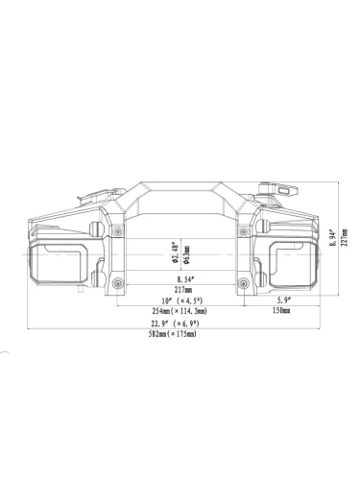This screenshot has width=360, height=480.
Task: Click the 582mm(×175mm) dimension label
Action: click(x=173, y=334)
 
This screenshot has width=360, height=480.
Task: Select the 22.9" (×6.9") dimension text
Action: click(x=175, y=324)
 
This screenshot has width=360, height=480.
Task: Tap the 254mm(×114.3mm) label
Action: click(x=180, y=311)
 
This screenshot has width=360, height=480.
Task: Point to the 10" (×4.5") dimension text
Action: click(x=182, y=300)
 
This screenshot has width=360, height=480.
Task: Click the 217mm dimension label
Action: click(x=183, y=290)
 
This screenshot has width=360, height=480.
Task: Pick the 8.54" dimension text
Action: click(x=185, y=279)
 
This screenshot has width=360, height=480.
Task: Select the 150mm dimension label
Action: click(x=281, y=310)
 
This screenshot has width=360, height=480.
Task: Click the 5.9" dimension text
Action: click(x=283, y=300)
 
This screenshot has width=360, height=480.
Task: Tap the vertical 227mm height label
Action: click(x=345, y=237)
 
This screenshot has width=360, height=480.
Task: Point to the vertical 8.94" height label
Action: click(x=333, y=237)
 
